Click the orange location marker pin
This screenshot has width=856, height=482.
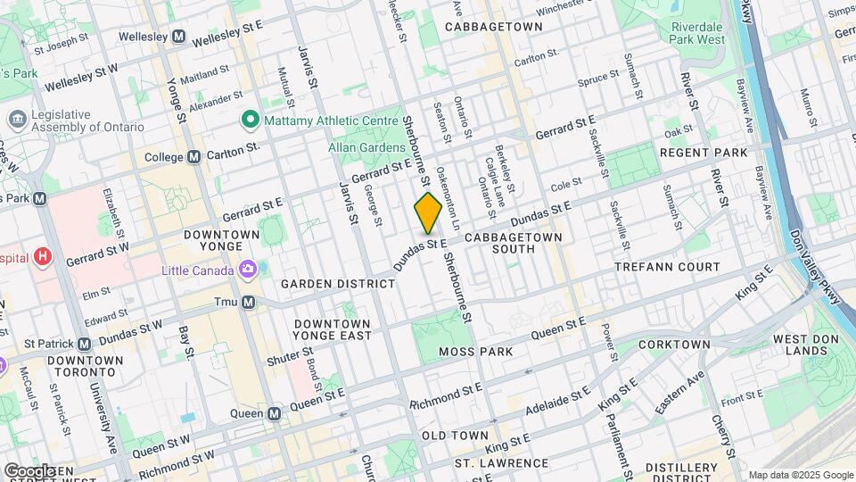pos(428,212)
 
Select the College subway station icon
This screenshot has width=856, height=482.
pos(193,157)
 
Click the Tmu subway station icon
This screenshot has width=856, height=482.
pos(250,303)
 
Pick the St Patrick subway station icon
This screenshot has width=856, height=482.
pos(84,344)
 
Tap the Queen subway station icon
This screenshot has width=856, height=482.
pos(275,413)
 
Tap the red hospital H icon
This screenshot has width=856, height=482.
pos(42,257)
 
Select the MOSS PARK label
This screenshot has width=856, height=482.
pos(476,352)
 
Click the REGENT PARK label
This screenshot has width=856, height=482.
pos(703,153)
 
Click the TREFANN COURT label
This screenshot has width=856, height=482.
pos(667,267)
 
